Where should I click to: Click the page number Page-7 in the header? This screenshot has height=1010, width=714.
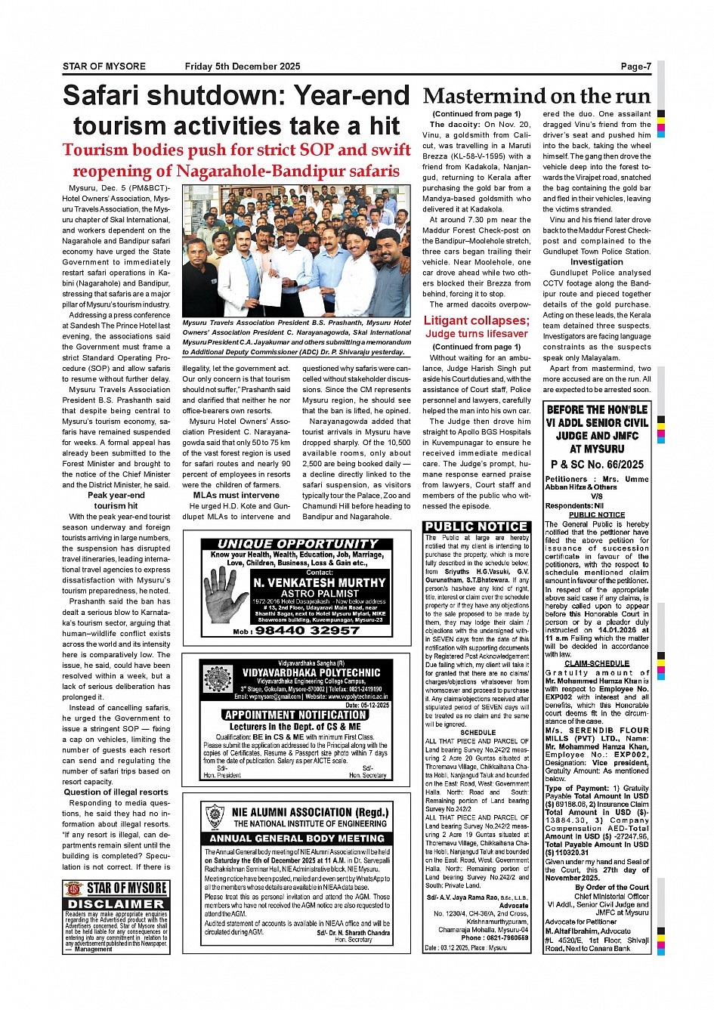pyautogui.click(x=635, y=66)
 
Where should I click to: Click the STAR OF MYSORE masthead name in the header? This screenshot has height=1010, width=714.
pyautogui.click(x=104, y=66)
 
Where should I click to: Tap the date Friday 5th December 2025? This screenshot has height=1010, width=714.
pyautogui.click(x=242, y=66)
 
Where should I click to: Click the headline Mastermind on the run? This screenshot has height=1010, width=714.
pyautogui.click(x=536, y=97)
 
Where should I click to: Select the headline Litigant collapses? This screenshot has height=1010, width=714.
pyautogui.click(x=476, y=320)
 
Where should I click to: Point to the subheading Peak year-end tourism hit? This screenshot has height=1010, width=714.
pyautogui.click(x=116, y=500)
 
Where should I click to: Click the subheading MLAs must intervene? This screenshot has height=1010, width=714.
pyautogui.click(x=236, y=496)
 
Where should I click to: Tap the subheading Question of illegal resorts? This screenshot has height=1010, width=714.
pyautogui.click(x=116, y=792)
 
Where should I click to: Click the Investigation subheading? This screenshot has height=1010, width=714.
pyautogui.click(x=596, y=262)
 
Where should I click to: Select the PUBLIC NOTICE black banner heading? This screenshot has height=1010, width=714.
pyautogui.click(x=476, y=527)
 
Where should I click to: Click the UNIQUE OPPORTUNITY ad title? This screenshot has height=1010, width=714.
pyautogui.click(x=298, y=544)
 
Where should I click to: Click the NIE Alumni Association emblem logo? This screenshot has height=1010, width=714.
pyautogui.click(x=215, y=816)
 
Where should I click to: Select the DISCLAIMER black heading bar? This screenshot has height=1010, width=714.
pyautogui.click(x=116, y=904)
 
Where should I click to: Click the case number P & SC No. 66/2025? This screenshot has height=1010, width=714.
pyautogui.click(x=597, y=464)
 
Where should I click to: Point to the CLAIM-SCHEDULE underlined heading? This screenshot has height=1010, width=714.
pyautogui.click(x=597, y=663)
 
